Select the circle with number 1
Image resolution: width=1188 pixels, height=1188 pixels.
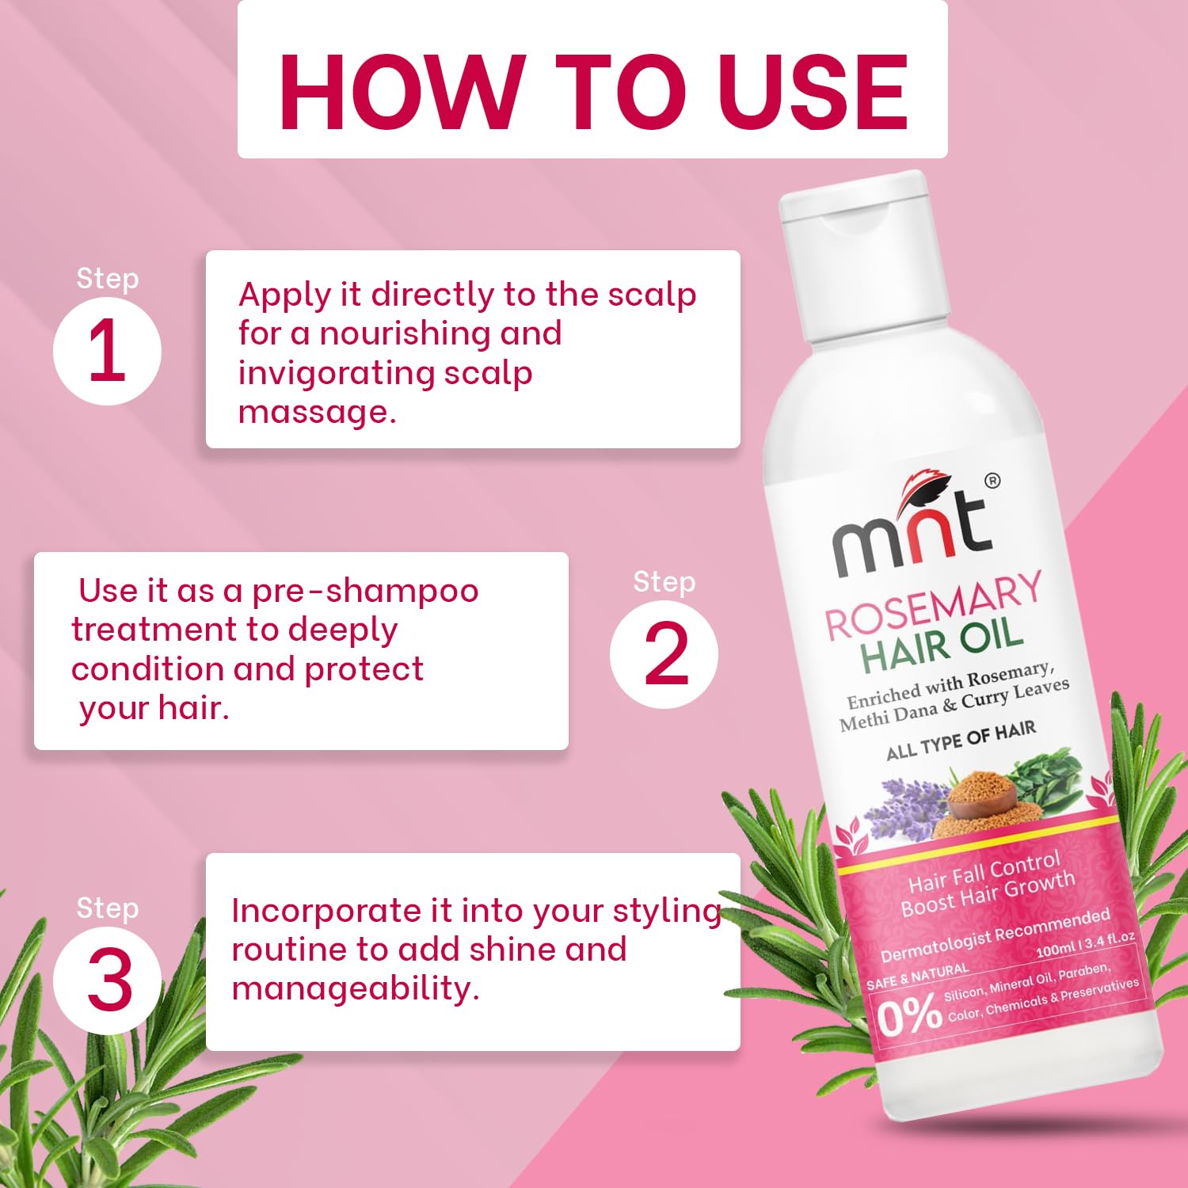[x=107, y=352]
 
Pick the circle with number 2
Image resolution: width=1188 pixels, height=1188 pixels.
[x=664, y=655]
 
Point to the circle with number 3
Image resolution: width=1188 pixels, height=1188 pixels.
[x=107, y=980]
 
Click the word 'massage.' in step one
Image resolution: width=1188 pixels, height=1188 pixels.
[x=317, y=412]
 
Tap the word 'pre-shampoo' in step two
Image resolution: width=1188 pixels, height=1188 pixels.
[x=365, y=591]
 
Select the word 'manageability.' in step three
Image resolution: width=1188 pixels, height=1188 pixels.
[x=356, y=988]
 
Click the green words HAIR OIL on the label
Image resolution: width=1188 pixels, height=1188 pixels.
[x=942, y=645]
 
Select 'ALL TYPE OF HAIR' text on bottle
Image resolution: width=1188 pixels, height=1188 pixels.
[x=961, y=741]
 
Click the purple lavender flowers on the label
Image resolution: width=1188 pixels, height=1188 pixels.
[x=903, y=808]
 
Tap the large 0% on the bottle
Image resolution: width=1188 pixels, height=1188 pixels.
[x=909, y=1016]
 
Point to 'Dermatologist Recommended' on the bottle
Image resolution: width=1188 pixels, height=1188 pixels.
[x=995, y=935]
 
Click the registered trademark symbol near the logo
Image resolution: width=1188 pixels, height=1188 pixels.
[x=992, y=481]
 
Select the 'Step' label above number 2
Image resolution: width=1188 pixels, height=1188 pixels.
[x=664, y=582]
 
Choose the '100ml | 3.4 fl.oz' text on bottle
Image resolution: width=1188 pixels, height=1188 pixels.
[x=1085, y=945]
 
